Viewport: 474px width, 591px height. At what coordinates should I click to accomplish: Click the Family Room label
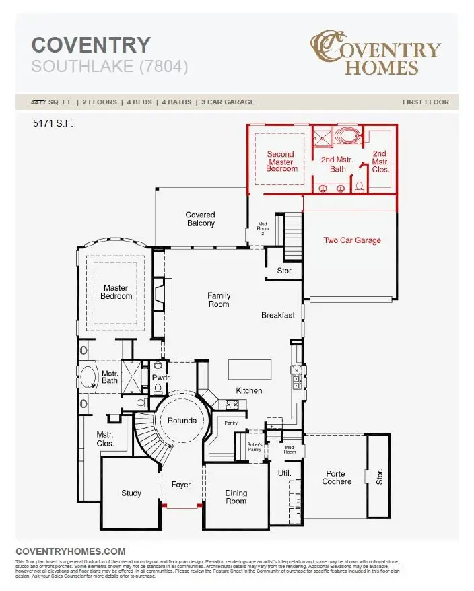[x=218, y=300]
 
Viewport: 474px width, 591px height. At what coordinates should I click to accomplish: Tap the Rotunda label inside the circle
[x=182, y=421]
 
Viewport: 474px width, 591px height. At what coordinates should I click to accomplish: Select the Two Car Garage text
[x=352, y=240]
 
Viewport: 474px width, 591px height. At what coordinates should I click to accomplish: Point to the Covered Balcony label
[x=200, y=219]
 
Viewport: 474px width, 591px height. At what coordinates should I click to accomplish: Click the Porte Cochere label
[x=337, y=477]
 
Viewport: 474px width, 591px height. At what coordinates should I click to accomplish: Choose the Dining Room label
[x=236, y=497]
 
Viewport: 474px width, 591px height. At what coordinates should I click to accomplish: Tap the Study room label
[x=131, y=493]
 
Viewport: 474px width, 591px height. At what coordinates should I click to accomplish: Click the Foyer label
[x=181, y=485]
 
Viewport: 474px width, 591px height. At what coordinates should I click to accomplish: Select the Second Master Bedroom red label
[x=281, y=162]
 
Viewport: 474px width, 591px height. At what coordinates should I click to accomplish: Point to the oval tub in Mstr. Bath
[x=88, y=377]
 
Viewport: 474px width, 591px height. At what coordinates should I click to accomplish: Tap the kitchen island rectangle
[x=250, y=370]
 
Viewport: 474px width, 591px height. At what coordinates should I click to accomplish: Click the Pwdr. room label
[x=160, y=378]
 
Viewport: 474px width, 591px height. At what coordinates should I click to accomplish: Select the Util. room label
[x=284, y=473]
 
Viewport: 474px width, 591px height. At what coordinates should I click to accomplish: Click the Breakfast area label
[x=278, y=315]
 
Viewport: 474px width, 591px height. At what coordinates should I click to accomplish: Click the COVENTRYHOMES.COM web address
[x=70, y=551]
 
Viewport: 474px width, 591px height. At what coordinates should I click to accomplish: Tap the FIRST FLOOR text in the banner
[x=426, y=102]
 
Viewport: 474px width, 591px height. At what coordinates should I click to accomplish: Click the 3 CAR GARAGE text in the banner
[x=227, y=102]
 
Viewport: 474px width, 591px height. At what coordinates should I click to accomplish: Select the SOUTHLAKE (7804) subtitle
[x=110, y=67]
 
